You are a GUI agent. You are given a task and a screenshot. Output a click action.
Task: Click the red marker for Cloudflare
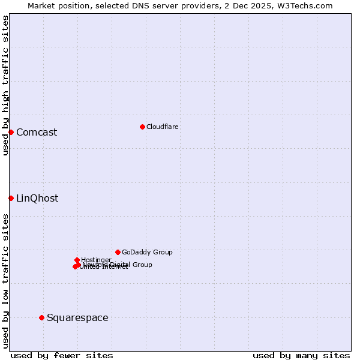tap(142, 127)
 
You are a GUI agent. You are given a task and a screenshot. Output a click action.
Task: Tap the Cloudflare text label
tap(162, 127)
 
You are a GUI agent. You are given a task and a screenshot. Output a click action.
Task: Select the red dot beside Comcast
tap(11, 132)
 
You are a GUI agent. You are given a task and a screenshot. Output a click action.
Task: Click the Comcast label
tap(37, 133)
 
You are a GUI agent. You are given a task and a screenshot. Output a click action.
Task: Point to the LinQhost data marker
tap(11, 198)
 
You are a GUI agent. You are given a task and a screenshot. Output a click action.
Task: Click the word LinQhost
tap(37, 199)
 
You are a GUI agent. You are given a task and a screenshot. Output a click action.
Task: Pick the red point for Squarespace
tap(41, 317)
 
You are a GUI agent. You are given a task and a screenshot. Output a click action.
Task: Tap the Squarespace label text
tap(77, 318)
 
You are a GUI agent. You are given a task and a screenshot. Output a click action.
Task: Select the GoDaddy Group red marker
tap(118, 252)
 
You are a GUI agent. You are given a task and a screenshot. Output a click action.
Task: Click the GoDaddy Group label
tap(147, 253)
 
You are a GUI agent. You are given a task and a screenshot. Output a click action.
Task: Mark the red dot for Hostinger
tap(77, 260)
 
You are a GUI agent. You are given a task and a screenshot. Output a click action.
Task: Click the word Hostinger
tap(96, 260)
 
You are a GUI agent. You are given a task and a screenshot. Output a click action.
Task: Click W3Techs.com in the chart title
tap(304, 5)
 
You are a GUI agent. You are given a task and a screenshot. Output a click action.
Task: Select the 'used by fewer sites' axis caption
tap(62, 355)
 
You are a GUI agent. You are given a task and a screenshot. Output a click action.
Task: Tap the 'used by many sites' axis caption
tap(301, 355)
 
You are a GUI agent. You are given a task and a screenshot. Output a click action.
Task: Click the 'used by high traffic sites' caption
tap(5, 85)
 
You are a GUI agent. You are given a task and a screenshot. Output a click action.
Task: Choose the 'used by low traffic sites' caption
tap(5, 281)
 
